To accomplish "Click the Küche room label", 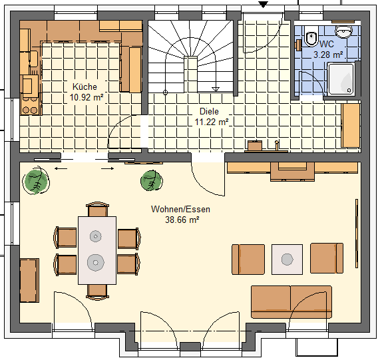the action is tap(85, 87).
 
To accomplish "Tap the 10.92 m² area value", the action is tap(87, 97).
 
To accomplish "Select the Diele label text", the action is tap(209, 111).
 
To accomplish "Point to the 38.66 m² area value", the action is tap(182, 220).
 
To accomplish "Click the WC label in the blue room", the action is tap(327, 44).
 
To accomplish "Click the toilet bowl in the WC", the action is tap(310, 38).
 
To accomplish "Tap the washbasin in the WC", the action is tap(343, 31).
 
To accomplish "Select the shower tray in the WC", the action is tap(341, 79).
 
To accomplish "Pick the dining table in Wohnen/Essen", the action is tap(97, 250).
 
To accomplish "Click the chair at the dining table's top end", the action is tap(97, 210).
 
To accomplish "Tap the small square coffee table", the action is tap(287, 260).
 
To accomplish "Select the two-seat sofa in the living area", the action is tap(291, 302).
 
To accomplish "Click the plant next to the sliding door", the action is tap(37, 181).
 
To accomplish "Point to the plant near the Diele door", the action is tap(152, 180).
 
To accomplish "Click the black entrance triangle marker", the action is tap(263, 5).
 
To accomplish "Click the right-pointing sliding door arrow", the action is tap(108, 168).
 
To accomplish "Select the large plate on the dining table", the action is tap(96, 263).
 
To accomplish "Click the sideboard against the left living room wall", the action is tap(29, 280).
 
